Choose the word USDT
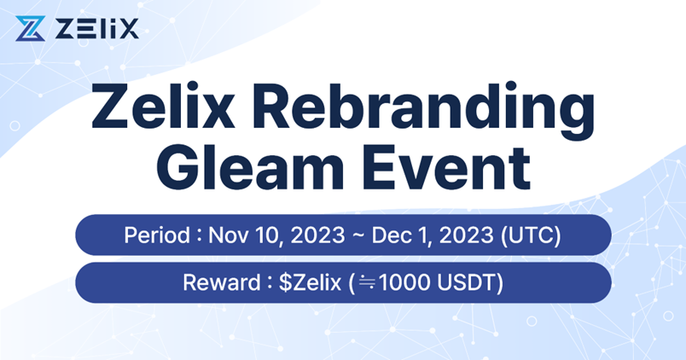point(466,282)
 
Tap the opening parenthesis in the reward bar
point(351,282)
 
